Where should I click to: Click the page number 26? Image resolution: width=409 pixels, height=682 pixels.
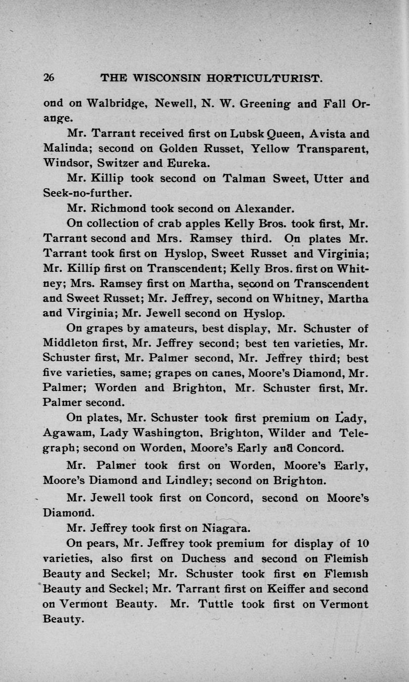point(49,78)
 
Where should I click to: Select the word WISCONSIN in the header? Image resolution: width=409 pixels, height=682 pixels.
point(158,78)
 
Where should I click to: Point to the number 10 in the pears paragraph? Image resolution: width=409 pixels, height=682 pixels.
point(363,544)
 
